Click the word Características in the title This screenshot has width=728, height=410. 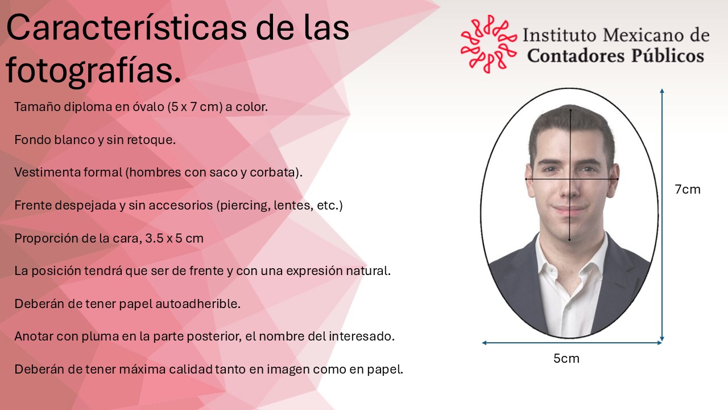127,28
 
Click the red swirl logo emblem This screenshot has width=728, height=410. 489,44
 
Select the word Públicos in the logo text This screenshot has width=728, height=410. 668,55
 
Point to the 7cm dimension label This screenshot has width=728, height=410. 688,190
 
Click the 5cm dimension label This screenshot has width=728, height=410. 566,359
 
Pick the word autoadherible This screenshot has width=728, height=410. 197,304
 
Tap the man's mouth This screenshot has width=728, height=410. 569,209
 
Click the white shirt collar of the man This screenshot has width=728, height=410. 571,257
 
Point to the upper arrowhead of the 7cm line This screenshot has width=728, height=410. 662,91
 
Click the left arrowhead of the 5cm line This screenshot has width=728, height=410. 484,343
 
